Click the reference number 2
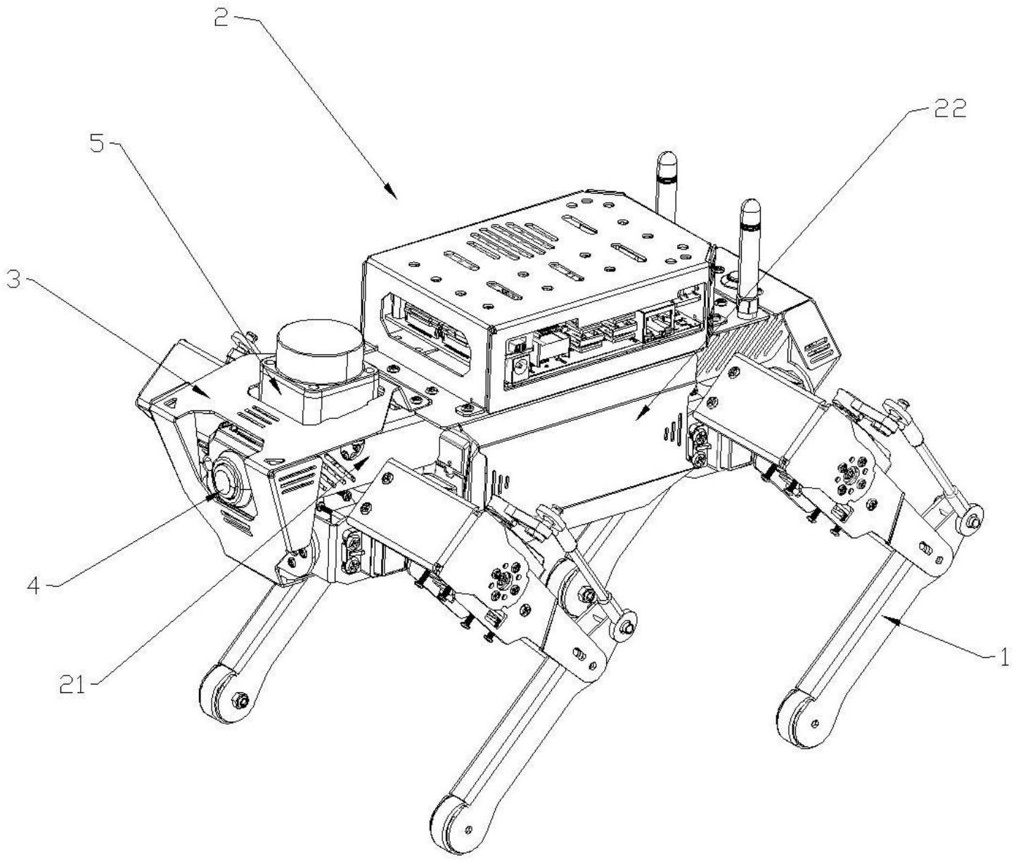click(222, 20)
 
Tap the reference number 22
click(947, 108)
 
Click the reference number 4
click(34, 586)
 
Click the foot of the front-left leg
click(224, 694)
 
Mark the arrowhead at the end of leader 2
click(391, 192)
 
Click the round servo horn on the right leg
click(850, 474)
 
